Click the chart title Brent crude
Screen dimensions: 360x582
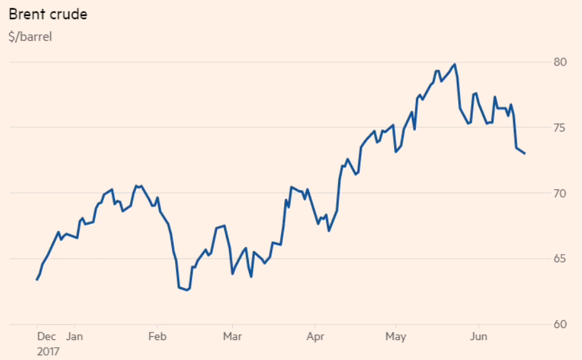[47, 15]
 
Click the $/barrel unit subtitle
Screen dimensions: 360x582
[30, 37]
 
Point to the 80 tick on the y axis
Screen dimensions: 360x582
[560, 62]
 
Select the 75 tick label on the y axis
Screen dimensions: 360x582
[560, 128]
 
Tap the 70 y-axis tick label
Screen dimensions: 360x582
[560, 193]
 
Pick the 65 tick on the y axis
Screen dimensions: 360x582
[560, 259]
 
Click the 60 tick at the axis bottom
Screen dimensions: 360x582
[560, 324]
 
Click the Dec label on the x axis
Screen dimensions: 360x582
[46, 336]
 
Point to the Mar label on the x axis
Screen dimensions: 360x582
[232, 336]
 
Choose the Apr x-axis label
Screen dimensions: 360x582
[314, 336]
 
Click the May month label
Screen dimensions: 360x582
[395, 336]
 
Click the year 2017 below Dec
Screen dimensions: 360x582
[49, 351]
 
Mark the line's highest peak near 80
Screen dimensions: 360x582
[454, 64]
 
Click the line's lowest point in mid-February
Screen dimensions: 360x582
[187, 290]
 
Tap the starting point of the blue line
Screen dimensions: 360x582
[37, 280]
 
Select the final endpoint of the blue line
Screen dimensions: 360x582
[525, 153]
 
